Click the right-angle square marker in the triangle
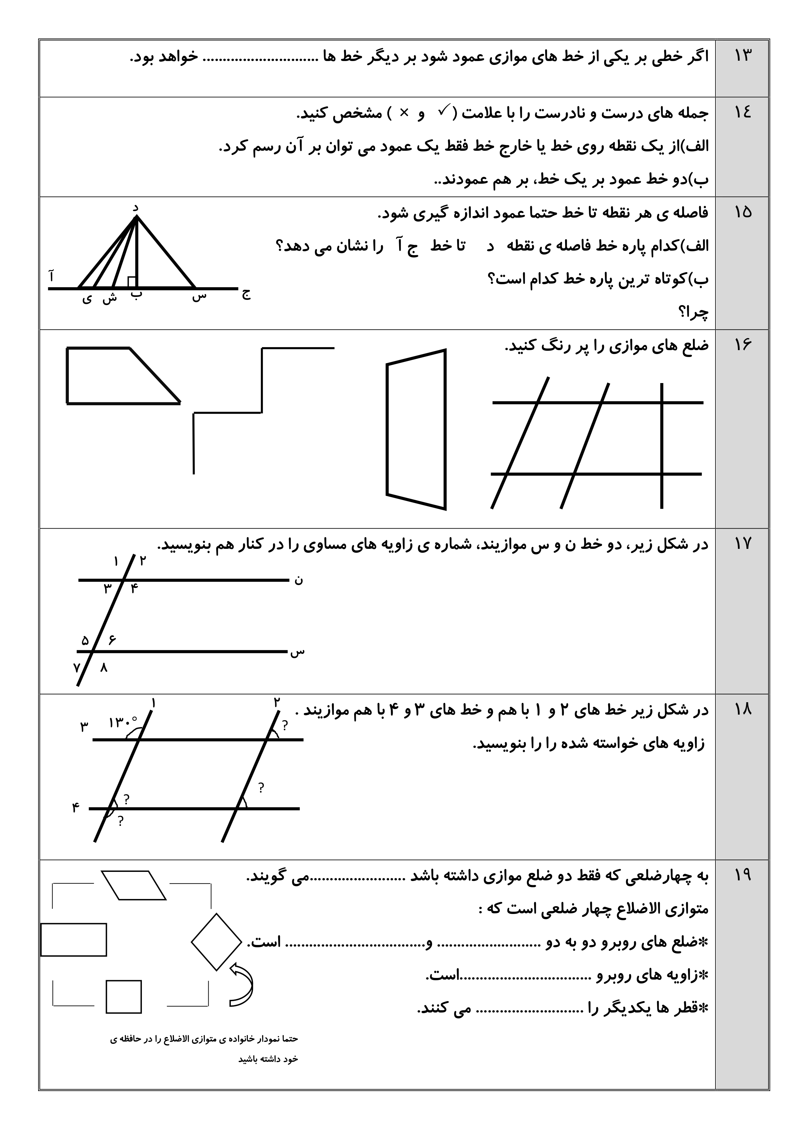(132, 282)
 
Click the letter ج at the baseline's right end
(246, 294)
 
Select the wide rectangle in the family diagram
(74, 940)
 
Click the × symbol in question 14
(405, 113)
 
